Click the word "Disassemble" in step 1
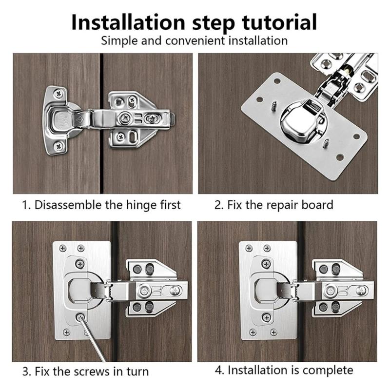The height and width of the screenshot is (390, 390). pyautogui.click(x=68, y=205)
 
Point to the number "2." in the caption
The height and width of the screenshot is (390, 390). pyautogui.click(x=219, y=205)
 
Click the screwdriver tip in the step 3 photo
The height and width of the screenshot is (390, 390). pyautogui.click(x=80, y=317)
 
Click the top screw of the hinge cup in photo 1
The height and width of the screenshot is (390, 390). pyautogui.click(x=60, y=91)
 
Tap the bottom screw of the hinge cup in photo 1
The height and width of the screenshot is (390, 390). pyautogui.click(x=59, y=145)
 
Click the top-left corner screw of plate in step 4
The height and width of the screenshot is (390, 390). pyautogui.click(x=249, y=248)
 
